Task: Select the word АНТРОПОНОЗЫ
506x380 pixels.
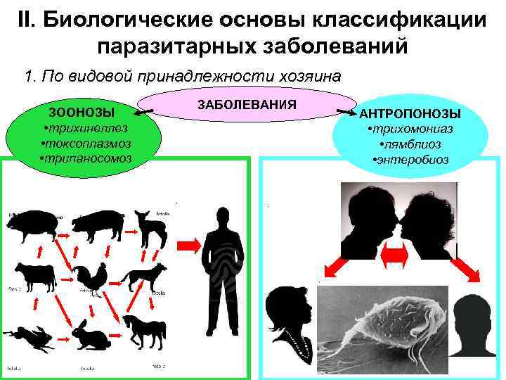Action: coord(410,113)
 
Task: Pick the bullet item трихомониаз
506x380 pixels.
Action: coord(410,129)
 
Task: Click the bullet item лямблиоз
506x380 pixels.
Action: coord(410,144)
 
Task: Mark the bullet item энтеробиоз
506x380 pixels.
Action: coord(410,159)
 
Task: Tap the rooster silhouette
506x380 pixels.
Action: coord(92,279)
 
